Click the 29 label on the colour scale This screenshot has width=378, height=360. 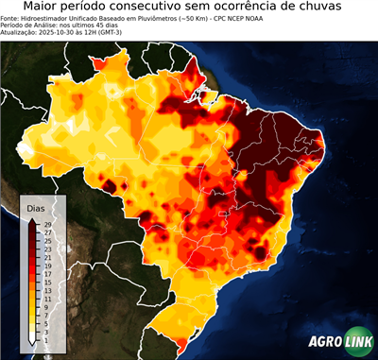tap(46, 224)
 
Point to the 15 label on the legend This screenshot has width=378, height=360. tap(46, 282)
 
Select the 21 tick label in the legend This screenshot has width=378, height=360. tap(46, 257)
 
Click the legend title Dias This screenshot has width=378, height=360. tap(35, 206)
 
